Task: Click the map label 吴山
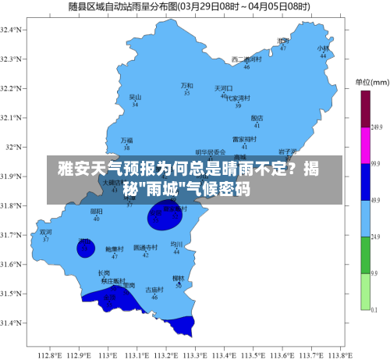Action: [135, 97]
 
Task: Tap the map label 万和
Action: [186, 85]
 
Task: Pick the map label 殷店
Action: [257, 118]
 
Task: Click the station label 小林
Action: [323, 48]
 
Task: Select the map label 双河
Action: [46, 232]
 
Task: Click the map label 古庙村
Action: [154, 290]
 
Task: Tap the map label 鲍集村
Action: [115, 249]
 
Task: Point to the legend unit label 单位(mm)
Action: [372, 82]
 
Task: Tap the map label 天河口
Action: [224, 88]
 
